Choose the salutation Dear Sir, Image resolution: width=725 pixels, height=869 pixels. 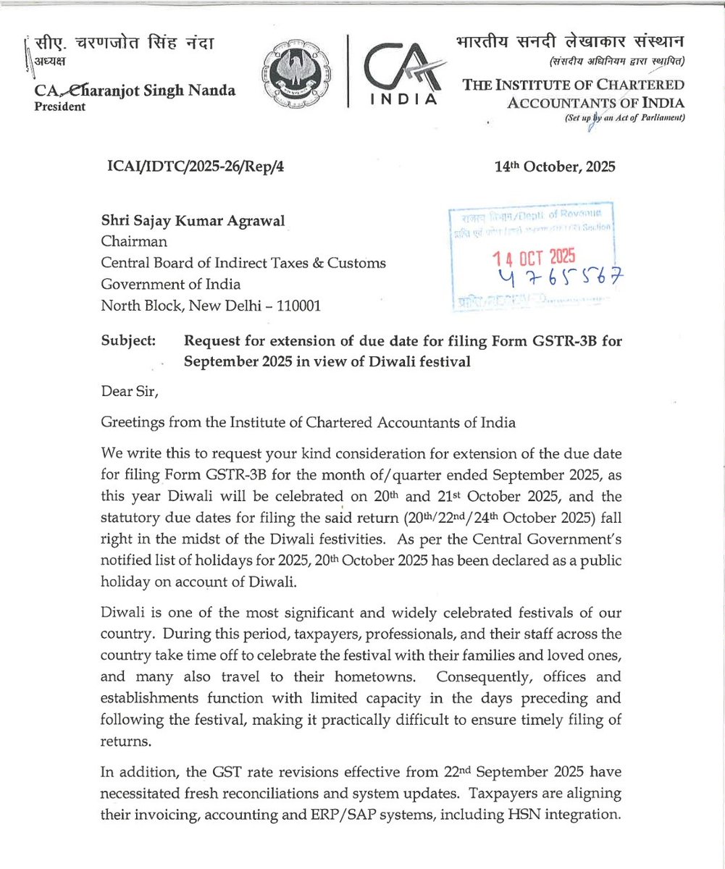click(130, 392)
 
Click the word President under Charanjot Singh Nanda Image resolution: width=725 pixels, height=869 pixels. click(59, 106)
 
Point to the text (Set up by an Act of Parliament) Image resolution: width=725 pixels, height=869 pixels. click(626, 117)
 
